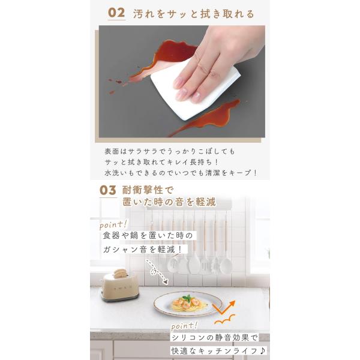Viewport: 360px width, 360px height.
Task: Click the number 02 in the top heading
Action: coord(116,13)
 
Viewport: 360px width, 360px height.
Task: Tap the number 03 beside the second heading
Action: coord(107,190)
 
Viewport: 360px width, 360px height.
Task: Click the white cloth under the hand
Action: coord(195,89)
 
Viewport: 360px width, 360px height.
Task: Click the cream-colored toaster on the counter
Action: coord(119,286)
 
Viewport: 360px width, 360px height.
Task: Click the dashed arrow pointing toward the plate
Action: coord(156,271)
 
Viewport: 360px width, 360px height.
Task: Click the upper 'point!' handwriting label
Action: coord(113,225)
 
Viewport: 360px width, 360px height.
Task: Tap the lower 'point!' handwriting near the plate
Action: coord(184,326)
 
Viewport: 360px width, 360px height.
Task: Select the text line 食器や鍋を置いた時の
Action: coord(148,236)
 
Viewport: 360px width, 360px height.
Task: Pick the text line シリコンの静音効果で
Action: coord(214,337)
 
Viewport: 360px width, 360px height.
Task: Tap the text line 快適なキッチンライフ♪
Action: coord(218,351)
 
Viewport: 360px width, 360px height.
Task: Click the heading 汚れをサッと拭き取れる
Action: coord(194,14)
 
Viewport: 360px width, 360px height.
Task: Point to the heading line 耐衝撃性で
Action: coord(148,190)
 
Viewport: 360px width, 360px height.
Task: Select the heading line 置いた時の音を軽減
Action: coord(169,202)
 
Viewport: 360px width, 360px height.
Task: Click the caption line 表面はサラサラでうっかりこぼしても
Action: coord(170,152)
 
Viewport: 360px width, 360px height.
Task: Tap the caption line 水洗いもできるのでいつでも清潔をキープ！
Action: coord(181,173)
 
